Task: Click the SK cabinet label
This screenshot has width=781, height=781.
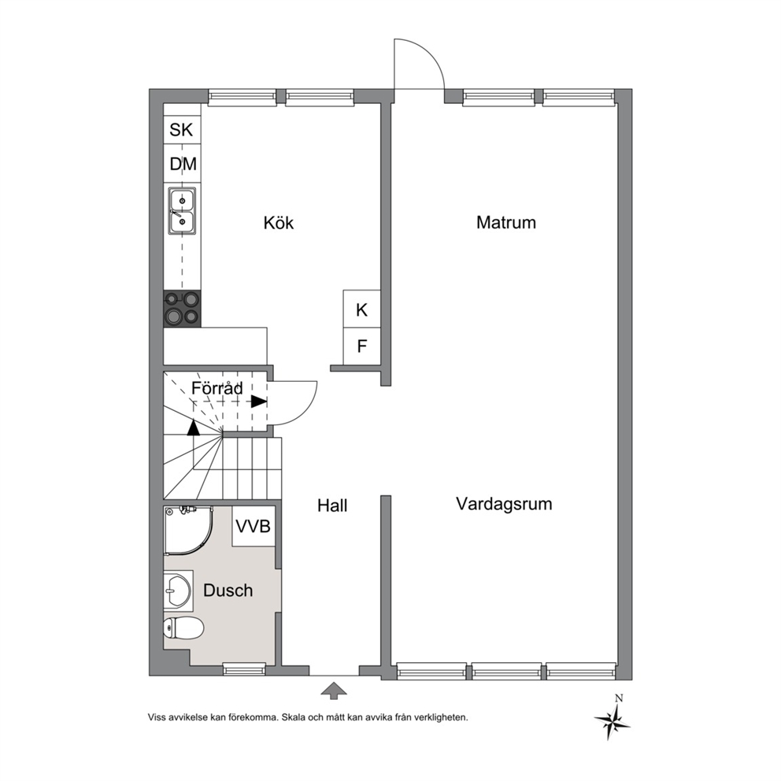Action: tap(181, 129)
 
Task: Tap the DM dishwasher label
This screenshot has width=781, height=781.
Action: tap(183, 164)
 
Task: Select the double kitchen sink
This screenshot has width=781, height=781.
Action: tap(182, 211)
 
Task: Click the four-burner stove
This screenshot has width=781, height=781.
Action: tap(183, 309)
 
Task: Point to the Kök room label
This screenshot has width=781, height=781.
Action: tap(279, 222)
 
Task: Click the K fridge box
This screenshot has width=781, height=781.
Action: tap(362, 309)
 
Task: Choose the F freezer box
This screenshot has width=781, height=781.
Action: tap(362, 346)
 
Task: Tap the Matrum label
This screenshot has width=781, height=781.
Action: tap(506, 222)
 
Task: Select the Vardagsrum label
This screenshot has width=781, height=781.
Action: tap(504, 504)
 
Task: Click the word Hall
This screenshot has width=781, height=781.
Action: tap(332, 505)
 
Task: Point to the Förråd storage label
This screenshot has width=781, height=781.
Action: tap(217, 387)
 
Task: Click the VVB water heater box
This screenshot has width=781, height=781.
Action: tap(254, 526)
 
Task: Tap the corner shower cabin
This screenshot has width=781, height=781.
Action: tap(188, 531)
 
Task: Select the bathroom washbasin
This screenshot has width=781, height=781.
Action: tap(178, 590)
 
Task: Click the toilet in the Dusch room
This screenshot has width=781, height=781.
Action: tap(183, 627)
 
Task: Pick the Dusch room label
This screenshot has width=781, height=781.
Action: tap(228, 590)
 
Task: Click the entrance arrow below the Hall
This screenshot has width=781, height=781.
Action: tap(334, 690)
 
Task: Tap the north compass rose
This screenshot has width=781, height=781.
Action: tap(613, 719)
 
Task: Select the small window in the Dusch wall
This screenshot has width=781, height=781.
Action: tap(244, 669)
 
